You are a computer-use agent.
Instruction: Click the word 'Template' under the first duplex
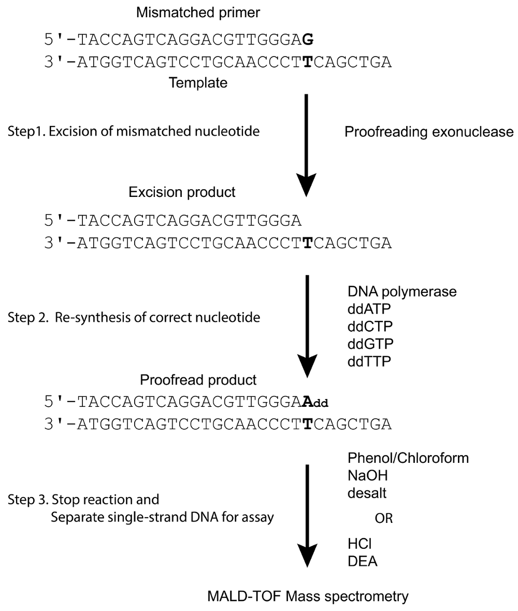point(198,82)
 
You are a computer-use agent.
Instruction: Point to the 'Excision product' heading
point(182,192)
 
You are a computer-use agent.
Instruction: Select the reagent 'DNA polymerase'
point(402,292)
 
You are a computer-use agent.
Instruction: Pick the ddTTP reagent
point(370,361)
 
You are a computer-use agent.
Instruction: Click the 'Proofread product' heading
point(198,380)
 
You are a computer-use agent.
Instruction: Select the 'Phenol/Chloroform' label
point(408,458)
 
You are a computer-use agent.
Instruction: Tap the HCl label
point(358,543)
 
